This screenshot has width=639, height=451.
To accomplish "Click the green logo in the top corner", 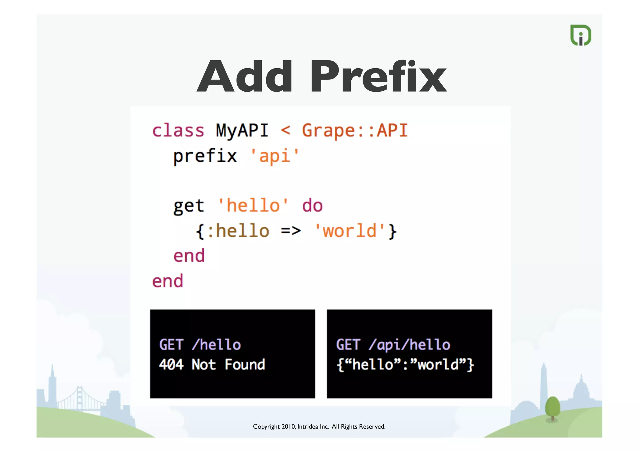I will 581,35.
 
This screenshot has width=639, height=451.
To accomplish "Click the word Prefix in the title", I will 378,77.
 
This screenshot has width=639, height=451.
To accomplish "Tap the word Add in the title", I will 245,77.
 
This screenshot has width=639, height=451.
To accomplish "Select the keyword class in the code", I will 178,131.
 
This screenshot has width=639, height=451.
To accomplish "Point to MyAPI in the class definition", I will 242,131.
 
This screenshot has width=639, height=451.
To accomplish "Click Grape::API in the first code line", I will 355,131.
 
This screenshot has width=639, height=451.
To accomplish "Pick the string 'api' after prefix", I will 275,156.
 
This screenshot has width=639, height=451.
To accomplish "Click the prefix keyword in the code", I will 205,156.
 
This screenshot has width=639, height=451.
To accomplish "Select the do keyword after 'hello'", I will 312,206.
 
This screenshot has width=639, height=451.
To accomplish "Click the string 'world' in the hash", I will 349,231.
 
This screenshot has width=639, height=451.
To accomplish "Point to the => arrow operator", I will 291,231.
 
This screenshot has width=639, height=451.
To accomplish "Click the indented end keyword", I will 189,256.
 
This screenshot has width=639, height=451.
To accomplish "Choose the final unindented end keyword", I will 168,281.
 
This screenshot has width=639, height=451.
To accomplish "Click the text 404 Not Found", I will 212,364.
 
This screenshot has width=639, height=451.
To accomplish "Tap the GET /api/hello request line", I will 393,345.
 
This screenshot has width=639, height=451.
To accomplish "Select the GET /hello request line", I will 200,345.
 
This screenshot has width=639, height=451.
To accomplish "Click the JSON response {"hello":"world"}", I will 405,364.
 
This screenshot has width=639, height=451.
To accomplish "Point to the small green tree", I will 553,408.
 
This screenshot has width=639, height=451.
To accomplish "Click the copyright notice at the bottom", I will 319,426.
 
